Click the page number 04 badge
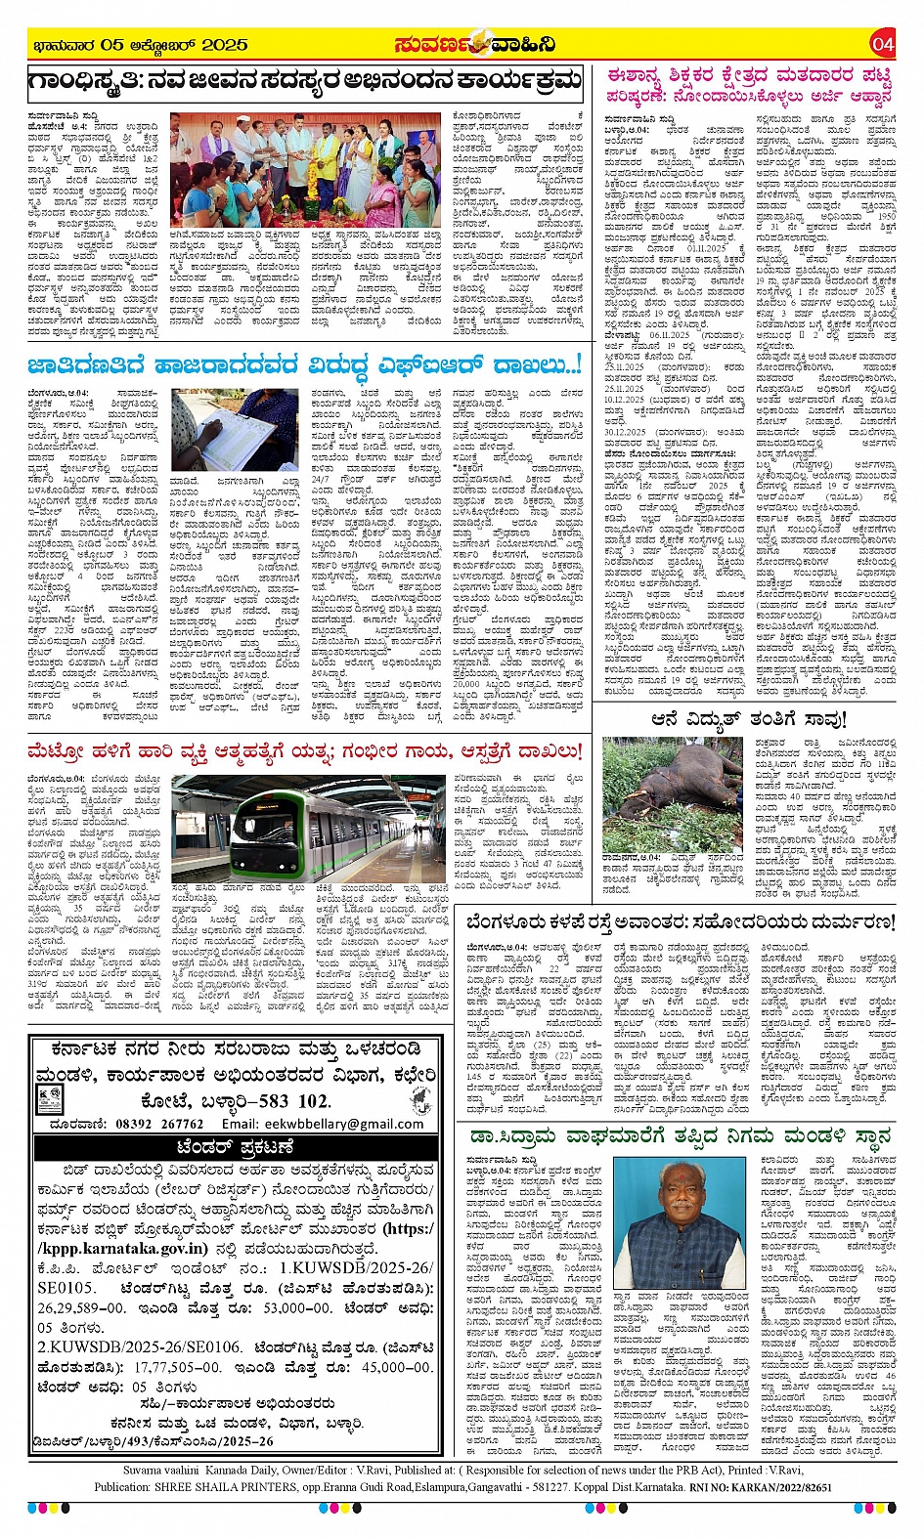point(882,44)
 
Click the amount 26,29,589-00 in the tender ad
point(82,1307)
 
